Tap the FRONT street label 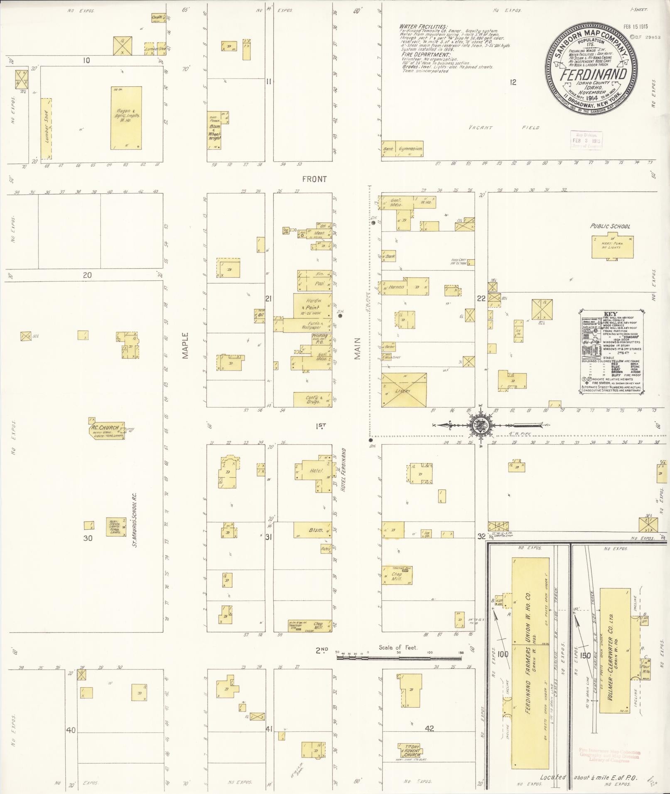pos(314,179)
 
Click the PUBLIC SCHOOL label pos(610,226)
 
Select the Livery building pos(404,390)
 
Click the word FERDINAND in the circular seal pos(593,75)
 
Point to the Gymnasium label pos(410,149)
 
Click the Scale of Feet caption pos(398,647)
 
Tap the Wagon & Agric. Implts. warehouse pos(126,118)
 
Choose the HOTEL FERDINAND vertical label pos(343,469)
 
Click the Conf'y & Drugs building pos(312,399)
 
